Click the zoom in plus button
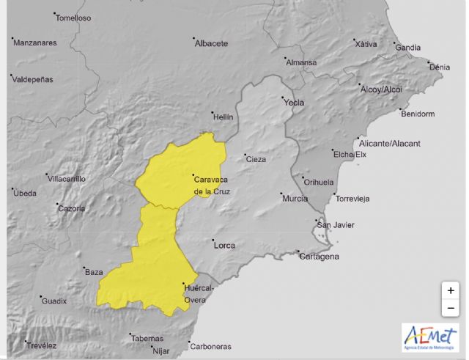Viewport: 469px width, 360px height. (x=450, y=290)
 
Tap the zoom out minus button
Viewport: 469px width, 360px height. (x=450, y=307)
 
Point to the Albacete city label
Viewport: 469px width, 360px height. (x=211, y=43)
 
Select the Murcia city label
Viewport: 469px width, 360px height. (x=295, y=199)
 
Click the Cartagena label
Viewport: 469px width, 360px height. (x=320, y=257)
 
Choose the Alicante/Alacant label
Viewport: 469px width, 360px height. (x=389, y=143)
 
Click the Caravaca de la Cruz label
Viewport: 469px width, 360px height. (x=212, y=185)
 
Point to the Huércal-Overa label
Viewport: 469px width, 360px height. (x=199, y=294)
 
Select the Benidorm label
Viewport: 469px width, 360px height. (x=418, y=114)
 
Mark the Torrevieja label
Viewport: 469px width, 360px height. (x=352, y=199)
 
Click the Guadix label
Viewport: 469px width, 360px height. (x=53, y=301)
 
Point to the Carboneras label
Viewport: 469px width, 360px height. (x=211, y=347)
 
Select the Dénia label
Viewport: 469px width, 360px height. (x=439, y=67)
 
